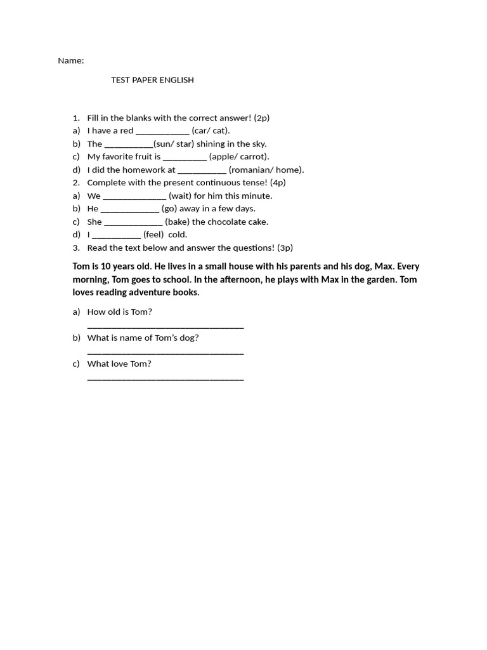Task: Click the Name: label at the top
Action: click(x=70, y=61)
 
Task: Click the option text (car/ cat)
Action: click(x=211, y=131)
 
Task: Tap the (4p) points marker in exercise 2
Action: click(x=278, y=183)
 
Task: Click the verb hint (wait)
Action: click(x=180, y=196)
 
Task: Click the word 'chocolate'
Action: click(x=226, y=222)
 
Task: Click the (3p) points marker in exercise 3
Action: click(x=285, y=248)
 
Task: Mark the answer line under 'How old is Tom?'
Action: click(x=165, y=327)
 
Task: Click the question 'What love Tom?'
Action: click(x=119, y=364)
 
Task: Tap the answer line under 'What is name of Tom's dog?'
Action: click(x=165, y=353)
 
